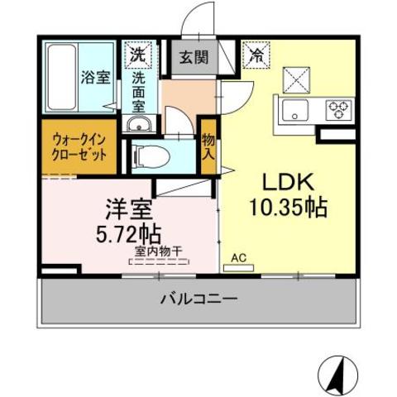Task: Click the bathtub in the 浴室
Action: (62, 77)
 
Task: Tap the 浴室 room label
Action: (96, 77)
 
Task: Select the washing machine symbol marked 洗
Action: (138, 55)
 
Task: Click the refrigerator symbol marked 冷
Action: (256, 55)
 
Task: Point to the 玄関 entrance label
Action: (194, 57)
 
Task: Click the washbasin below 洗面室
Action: (139, 124)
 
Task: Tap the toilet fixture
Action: (151, 156)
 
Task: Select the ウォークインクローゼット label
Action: (79, 147)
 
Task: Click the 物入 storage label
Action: (208, 147)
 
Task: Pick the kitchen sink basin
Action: (294, 110)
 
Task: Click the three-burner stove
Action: (339, 110)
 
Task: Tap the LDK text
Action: (289, 182)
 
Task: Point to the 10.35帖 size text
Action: (289, 208)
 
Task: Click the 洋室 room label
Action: (129, 209)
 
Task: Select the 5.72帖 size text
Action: (128, 234)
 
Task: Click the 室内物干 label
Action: (159, 251)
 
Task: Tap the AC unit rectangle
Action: (238, 268)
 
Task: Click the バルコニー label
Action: (198, 299)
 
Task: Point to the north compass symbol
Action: (337, 375)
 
